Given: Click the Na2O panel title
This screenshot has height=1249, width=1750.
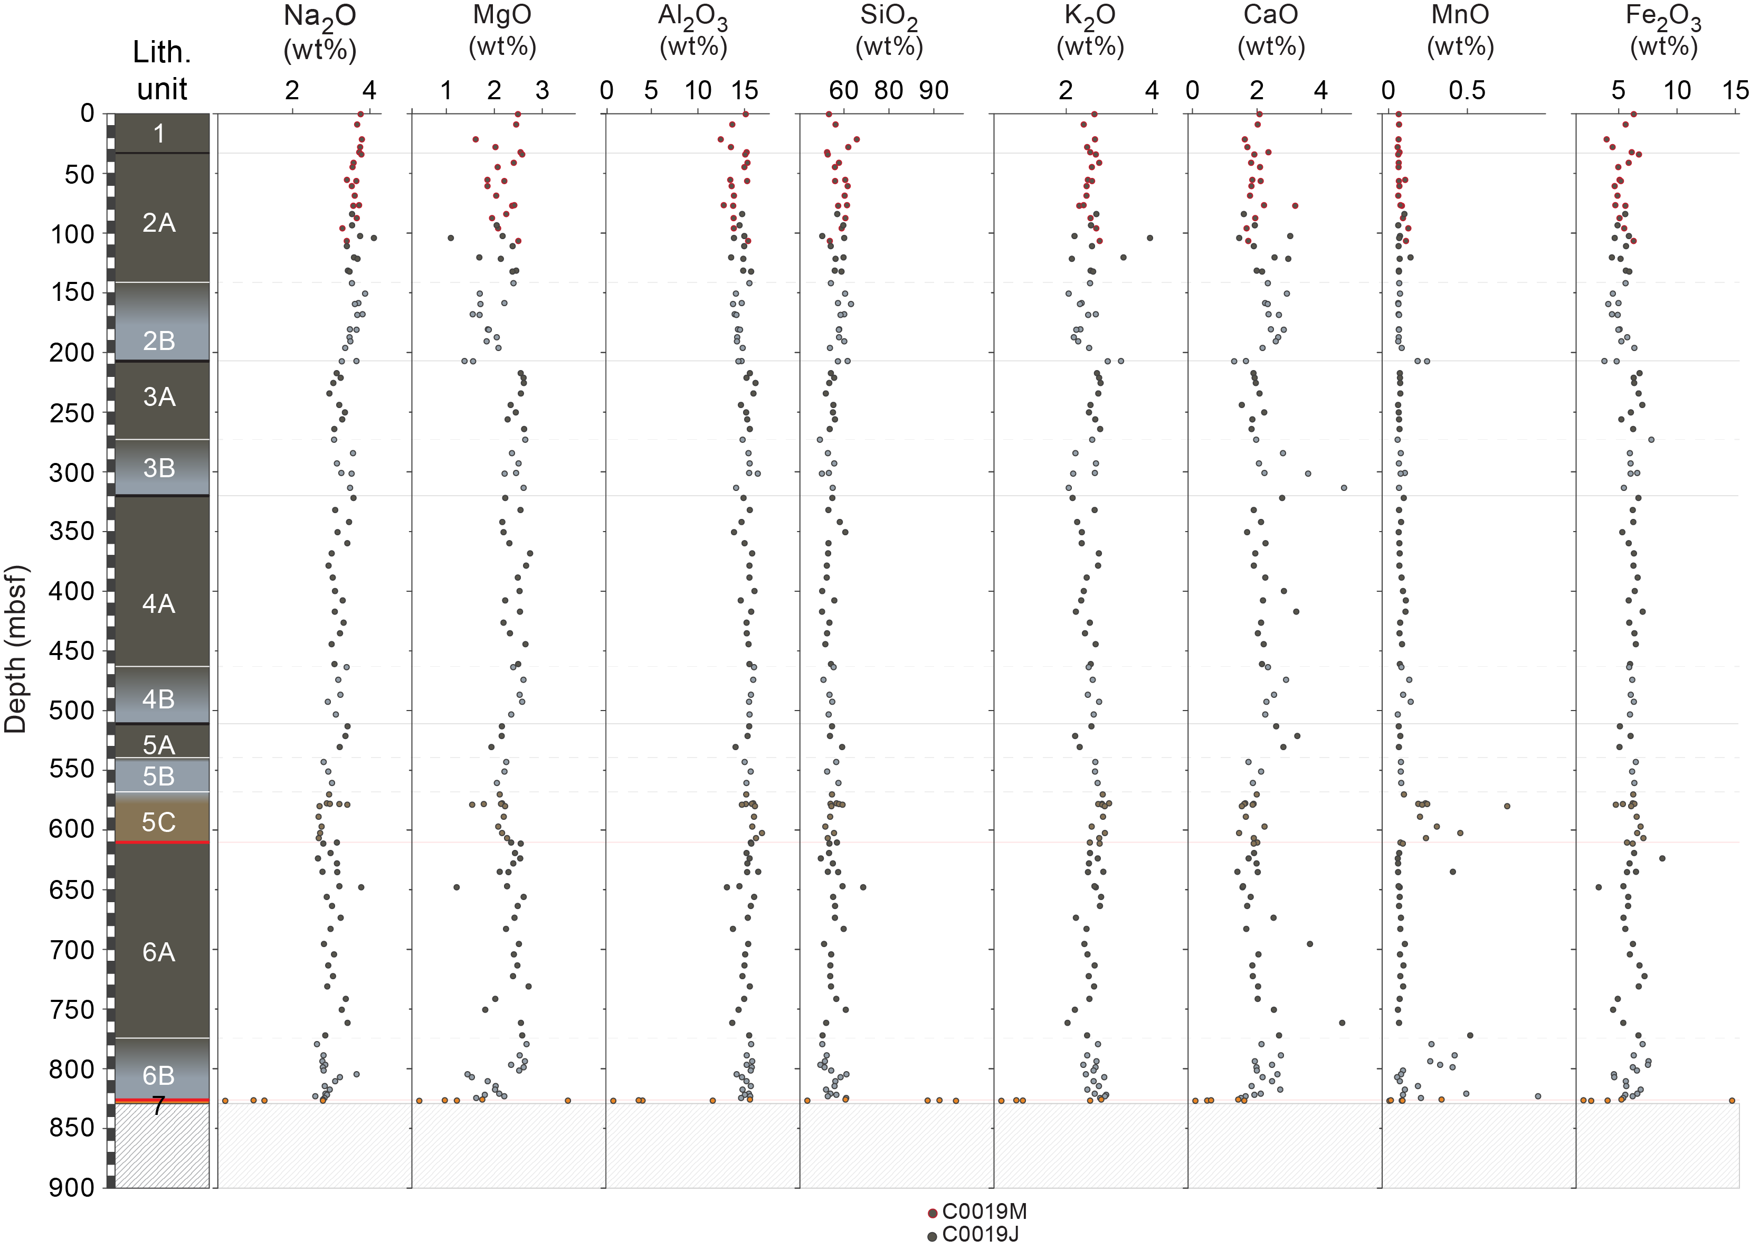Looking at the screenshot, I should click(320, 32).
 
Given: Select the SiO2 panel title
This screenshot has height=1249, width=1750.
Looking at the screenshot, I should click(889, 32).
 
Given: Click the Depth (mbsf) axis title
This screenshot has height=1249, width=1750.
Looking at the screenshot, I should click(15, 649).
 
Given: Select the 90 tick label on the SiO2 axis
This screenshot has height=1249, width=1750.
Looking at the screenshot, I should click(934, 91).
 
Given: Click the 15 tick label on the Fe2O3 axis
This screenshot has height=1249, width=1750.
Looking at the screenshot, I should click(1735, 91).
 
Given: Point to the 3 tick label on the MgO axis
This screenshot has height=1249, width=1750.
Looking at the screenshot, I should click(542, 91).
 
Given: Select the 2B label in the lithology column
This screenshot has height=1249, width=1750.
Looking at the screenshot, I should click(159, 340).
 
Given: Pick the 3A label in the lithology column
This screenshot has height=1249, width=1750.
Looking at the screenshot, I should click(159, 397).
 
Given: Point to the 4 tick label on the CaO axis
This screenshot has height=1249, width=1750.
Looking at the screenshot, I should click(1320, 91).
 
